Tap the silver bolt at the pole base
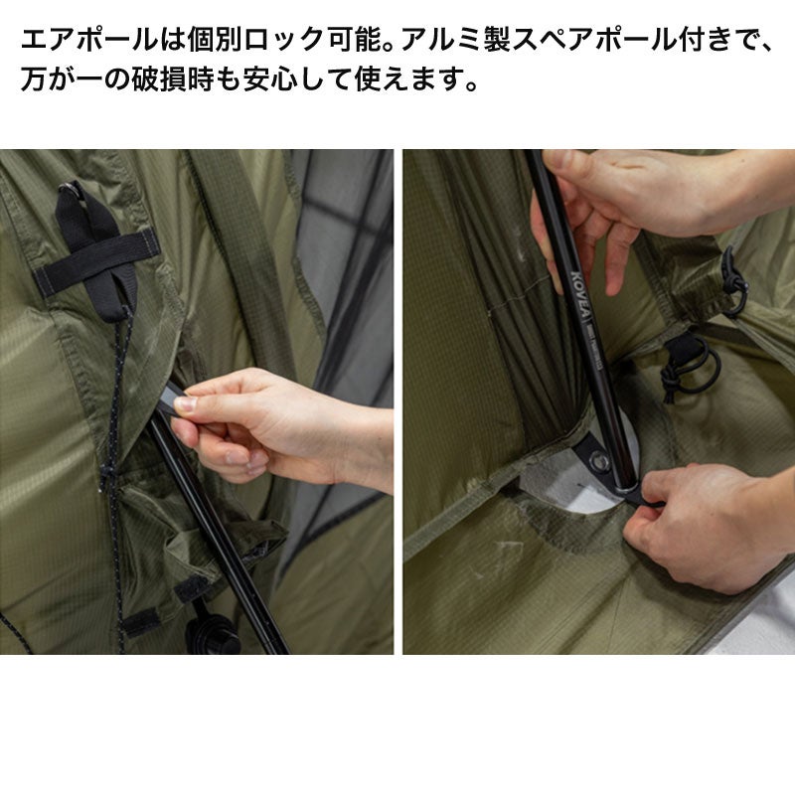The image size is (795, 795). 600,461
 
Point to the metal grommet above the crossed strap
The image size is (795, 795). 68,189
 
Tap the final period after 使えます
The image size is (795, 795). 471,86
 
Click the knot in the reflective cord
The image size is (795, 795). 106,474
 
